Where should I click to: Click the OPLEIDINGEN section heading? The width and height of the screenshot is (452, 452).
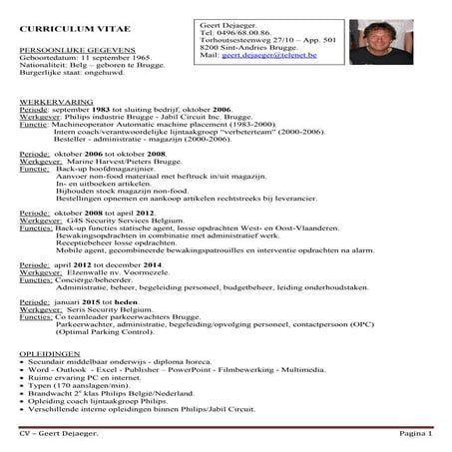[50, 353]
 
